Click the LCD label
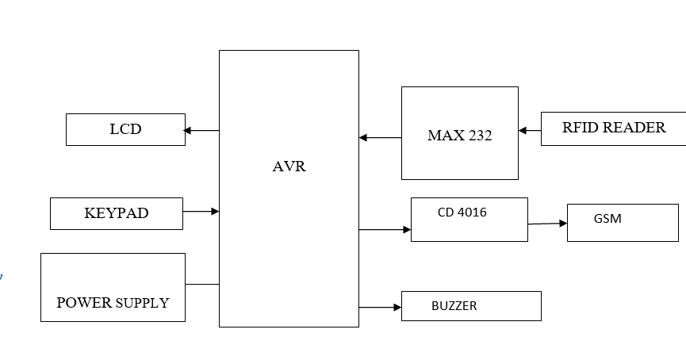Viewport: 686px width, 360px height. tap(125, 129)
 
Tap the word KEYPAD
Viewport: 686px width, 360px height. tap(116, 213)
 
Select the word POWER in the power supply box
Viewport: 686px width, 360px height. tap(85, 303)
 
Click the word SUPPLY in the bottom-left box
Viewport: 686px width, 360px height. tap(143, 303)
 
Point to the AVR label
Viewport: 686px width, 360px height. tap(289, 167)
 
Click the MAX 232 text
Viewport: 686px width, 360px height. tap(459, 136)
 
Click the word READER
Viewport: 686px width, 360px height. tap(635, 128)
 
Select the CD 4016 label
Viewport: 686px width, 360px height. tap(462, 213)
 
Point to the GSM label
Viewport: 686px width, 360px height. tap(607, 219)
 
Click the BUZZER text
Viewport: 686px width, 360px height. tap(454, 306)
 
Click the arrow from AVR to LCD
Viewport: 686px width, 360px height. tap(201, 130)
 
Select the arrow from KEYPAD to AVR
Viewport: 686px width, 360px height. tap(201, 212)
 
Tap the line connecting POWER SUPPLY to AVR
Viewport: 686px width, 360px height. tap(202, 284)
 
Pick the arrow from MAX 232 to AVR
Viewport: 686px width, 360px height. tap(380, 138)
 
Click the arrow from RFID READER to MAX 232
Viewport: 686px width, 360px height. tap(530, 130)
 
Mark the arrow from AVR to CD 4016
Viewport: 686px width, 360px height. tap(385, 230)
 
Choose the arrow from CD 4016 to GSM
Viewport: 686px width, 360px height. tap(547, 224)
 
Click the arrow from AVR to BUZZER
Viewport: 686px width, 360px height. tap(380, 307)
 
